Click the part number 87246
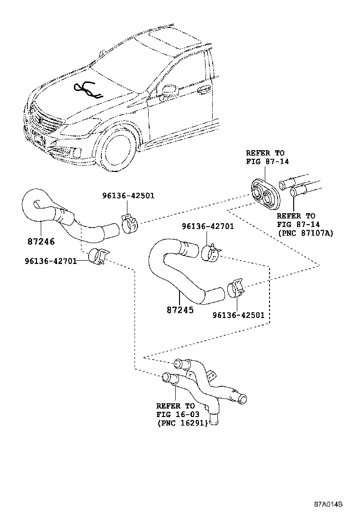[41, 241]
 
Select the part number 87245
[180, 310]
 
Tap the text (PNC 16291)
[182, 423]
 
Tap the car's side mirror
[170, 90]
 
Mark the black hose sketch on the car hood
[87, 89]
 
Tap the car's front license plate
[38, 137]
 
